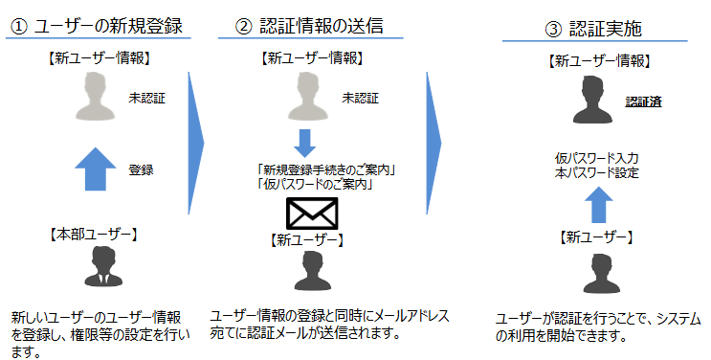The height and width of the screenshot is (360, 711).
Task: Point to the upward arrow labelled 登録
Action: tap(94, 170)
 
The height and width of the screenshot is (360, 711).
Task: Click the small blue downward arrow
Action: tap(304, 143)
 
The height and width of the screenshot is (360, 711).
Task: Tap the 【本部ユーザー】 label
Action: tap(94, 234)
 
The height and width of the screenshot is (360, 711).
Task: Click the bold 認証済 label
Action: tap(643, 101)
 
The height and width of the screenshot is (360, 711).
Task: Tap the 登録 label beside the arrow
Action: tap(141, 170)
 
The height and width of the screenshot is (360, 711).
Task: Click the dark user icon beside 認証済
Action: tap(593, 102)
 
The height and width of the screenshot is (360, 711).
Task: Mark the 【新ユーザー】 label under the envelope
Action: tap(306, 238)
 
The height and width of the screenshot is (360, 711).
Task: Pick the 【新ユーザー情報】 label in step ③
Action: tap(601, 60)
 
